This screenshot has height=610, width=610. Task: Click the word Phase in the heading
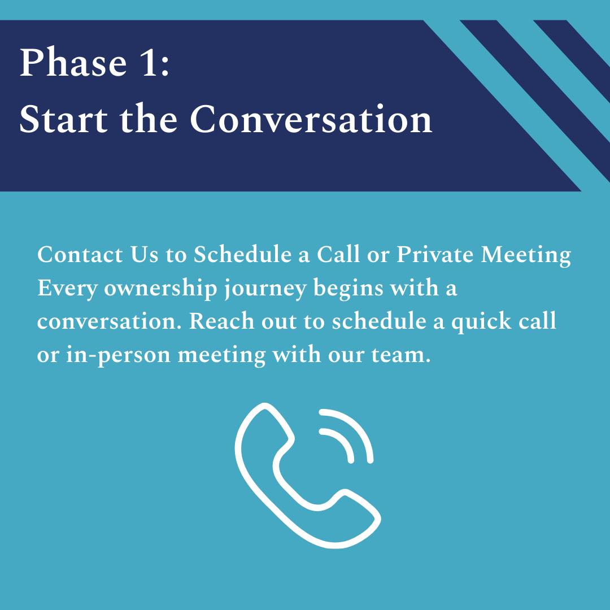pos(73,62)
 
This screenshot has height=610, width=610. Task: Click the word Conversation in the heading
pos(311,119)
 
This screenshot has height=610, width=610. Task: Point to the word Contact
pos(80,255)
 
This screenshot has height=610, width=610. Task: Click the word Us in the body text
pos(145,255)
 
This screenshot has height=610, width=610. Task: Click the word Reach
pos(221,322)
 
